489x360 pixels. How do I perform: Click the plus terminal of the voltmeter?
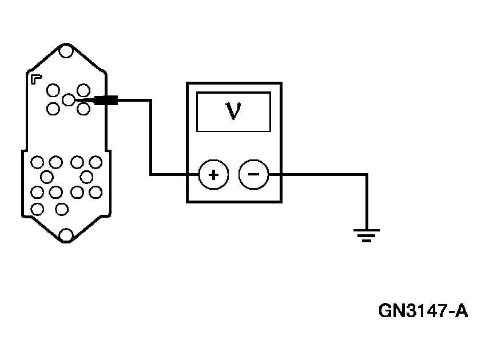[213, 175]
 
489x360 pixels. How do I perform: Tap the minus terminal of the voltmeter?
[253, 175]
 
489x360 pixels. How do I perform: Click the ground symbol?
[366, 234]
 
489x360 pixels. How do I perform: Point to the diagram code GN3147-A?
[423, 311]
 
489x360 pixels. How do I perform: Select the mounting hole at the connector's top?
[66, 52]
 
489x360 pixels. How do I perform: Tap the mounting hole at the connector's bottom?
[66, 234]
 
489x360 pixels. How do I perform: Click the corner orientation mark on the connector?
[36, 78]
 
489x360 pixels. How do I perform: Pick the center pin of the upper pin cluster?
[68, 100]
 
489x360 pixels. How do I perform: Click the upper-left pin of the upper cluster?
[53, 90]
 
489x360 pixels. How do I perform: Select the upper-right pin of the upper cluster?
[84, 90]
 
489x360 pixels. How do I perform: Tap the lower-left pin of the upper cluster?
[53, 109]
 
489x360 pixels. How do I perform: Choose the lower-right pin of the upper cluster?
[83, 109]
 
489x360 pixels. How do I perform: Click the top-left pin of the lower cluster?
[38, 163]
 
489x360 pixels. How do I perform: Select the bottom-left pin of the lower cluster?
[38, 209]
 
